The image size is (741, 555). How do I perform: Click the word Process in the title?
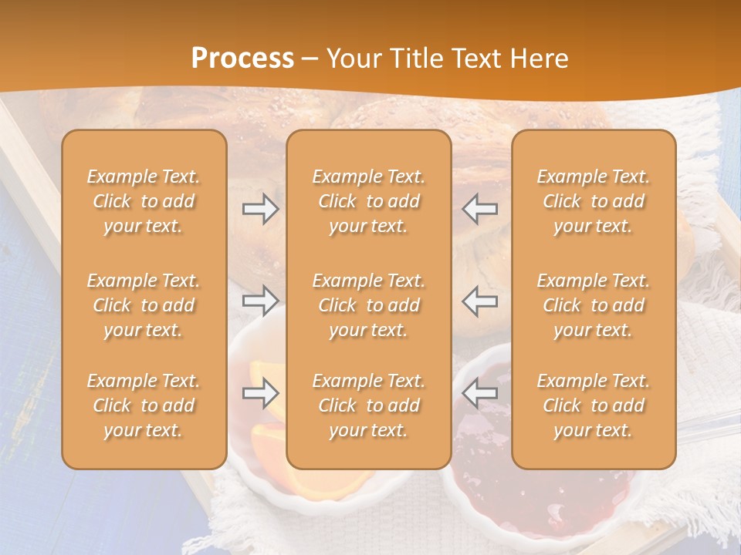242,58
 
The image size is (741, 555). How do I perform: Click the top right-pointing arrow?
261,209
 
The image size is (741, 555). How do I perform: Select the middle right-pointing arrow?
261,301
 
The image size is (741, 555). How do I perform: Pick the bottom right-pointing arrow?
261,393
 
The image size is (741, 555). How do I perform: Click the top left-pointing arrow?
480,209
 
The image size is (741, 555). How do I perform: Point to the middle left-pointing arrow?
480,301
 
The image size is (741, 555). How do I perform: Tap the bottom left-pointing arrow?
480,393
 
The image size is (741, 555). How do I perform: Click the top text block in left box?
144,201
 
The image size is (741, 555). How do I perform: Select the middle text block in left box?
144,305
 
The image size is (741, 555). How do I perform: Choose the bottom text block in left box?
144,405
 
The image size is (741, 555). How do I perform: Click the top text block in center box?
368,201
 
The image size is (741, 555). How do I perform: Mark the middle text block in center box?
368,305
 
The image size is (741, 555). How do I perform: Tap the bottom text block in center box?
368,405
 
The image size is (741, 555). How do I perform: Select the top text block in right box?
593,201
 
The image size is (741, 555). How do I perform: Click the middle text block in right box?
593,305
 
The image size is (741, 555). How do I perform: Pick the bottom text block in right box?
593,405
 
